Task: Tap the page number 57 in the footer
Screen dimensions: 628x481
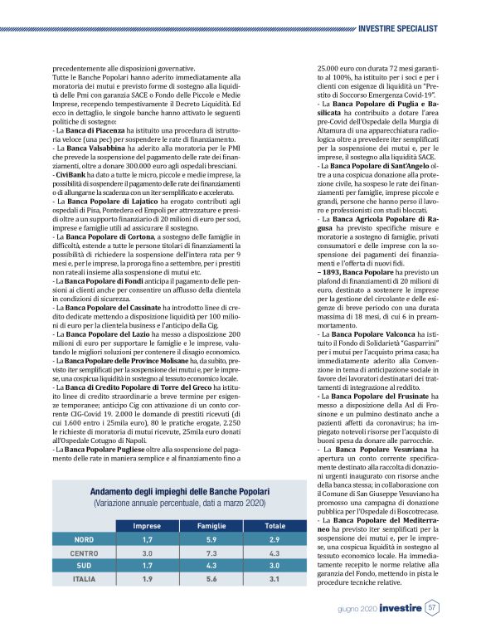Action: coord(432,608)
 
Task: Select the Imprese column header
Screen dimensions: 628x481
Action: coord(148,526)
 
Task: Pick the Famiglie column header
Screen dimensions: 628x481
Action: coord(211,526)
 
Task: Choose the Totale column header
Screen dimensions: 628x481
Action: coord(275,526)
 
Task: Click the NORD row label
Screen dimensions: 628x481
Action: coord(84,538)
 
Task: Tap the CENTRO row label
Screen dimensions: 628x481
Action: coord(84,552)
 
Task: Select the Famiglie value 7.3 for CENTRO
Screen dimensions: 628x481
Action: coord(211,552)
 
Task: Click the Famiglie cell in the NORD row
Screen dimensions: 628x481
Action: coord(211,538)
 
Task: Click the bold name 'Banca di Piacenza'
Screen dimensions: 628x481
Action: coord(93,130)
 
